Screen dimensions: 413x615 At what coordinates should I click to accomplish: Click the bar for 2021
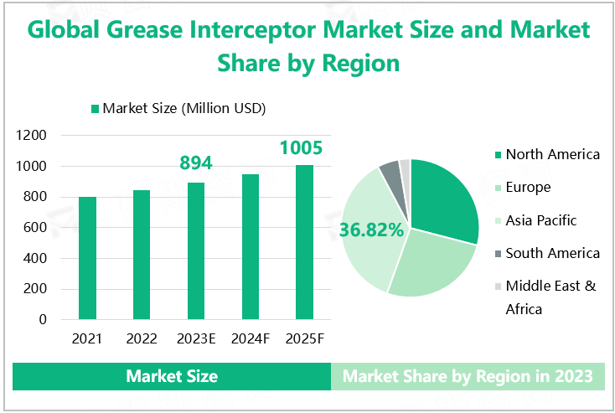click(x=88, y=258)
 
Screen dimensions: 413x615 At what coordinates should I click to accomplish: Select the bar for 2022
click(x=142, y=255)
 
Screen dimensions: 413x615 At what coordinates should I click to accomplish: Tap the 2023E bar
click(x=196, y=251)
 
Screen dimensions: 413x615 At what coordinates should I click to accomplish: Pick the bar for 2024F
click(x=251, y=247)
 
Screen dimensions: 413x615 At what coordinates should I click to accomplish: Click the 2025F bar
click(x=304, y=242)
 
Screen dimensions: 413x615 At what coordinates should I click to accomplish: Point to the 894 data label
click(x=196, y=163)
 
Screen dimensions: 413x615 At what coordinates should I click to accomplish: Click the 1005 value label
click(x=301, y=148)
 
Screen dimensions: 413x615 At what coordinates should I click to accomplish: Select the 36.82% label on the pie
click(x=372, y=229)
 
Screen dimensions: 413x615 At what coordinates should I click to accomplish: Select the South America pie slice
click(x=390, y=173)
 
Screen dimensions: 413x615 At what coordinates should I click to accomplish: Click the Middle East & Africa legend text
click(x=550, y=297)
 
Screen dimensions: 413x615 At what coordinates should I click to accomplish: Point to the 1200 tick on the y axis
click(x=34, y=136)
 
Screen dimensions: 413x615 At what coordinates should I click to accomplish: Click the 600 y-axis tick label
click(x=38, y=228)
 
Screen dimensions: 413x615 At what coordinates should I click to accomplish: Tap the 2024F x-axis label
click(x=250, y=339)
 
